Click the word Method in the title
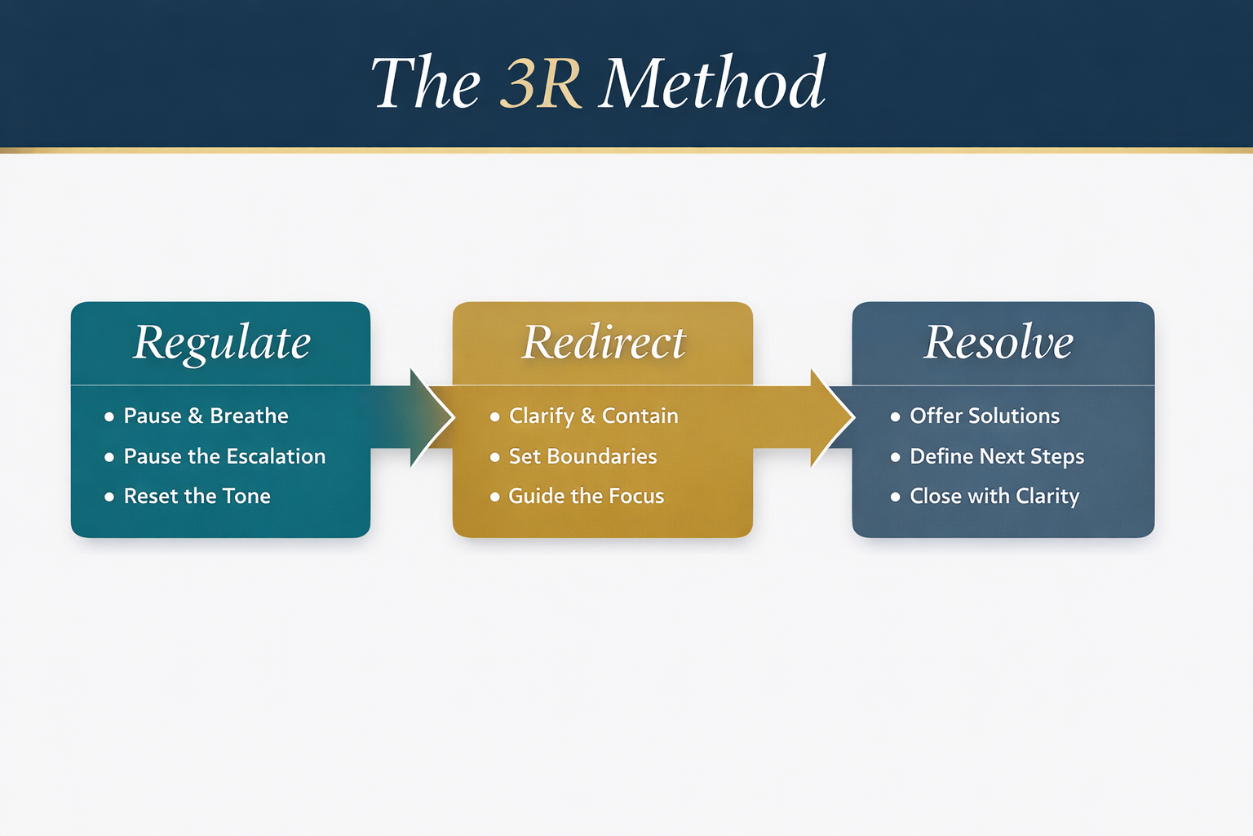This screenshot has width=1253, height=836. pyautogui.click(x=712, y=83)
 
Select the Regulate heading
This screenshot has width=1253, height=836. pyautogui.click(x=222, y=342)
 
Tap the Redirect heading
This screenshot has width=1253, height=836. pyautogui.click(x=604, y=342)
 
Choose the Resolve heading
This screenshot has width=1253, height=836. pyautogui.click(x=998, y=342)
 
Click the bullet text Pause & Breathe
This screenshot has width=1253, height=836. pyautogui.click(x=206, y=416)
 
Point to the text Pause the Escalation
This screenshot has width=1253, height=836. pyautogui.click(x=224, y=456)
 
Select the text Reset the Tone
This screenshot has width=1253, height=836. pyautogui.click(x=197, y=496)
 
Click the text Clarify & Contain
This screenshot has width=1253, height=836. pyautogui.click(x=593, y=416)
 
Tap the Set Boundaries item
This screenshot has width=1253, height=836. pyautogui.click(x=582, y=456)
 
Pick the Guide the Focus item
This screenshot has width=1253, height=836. pyautogui.click(x=586, y=496)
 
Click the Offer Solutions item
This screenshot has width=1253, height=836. pyautogui.click(x=985, y=416)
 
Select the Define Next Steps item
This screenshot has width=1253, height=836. pyautogui.click(x=997, y=456)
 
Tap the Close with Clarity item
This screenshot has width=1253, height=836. pyautogui.click(x=994, y=496)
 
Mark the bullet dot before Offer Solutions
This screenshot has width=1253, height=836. pyautogui.click(x=895, y=416)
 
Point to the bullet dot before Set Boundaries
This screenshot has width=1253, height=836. pyautogui.click(x=494, y=457)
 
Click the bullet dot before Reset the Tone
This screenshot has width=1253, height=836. pyautogui.click(x=109, y=497)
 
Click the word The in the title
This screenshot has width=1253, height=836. pyautogui.click(x=426, y=83)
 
